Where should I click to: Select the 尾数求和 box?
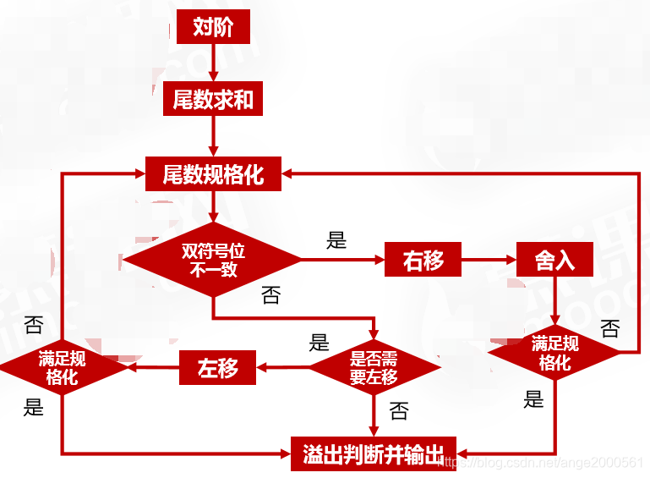point(212,100)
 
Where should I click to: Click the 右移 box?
point(423,260)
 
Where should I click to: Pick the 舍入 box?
point(554,260)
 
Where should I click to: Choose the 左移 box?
point(217,368)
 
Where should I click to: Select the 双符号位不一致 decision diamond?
point(212,260)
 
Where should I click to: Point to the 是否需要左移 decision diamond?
point(374,368)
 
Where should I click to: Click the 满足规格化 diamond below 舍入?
point(554,354)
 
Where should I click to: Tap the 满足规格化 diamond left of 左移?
point(62,368)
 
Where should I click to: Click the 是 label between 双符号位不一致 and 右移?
point(336,240)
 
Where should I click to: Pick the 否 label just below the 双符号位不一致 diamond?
point(270,295)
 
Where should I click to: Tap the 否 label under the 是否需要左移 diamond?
point(398,411)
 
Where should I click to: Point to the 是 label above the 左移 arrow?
point(319,343)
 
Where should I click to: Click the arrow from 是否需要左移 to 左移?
point(282,368)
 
